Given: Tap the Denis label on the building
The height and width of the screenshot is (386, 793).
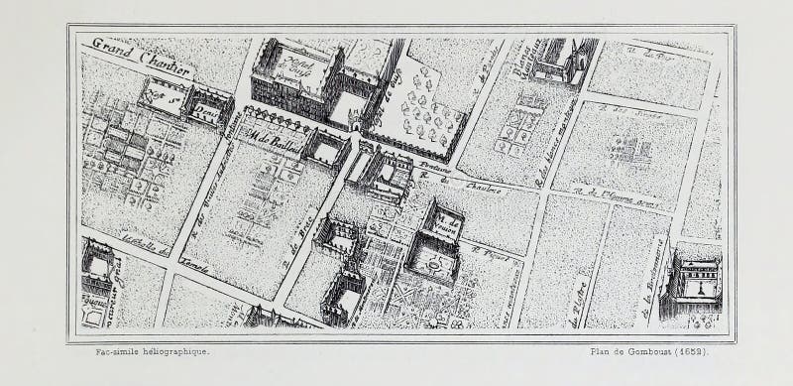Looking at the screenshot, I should tap(204, 113).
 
